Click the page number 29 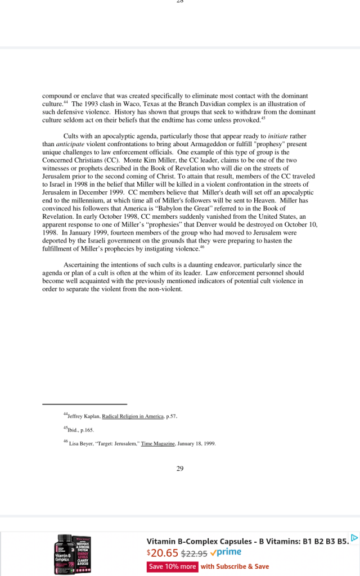180,469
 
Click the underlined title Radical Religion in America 133,417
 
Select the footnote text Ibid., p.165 75,430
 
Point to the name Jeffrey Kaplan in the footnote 83,417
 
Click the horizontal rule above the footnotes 84,404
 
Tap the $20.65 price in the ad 162,553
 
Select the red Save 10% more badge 172,566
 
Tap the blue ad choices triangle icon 354,538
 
